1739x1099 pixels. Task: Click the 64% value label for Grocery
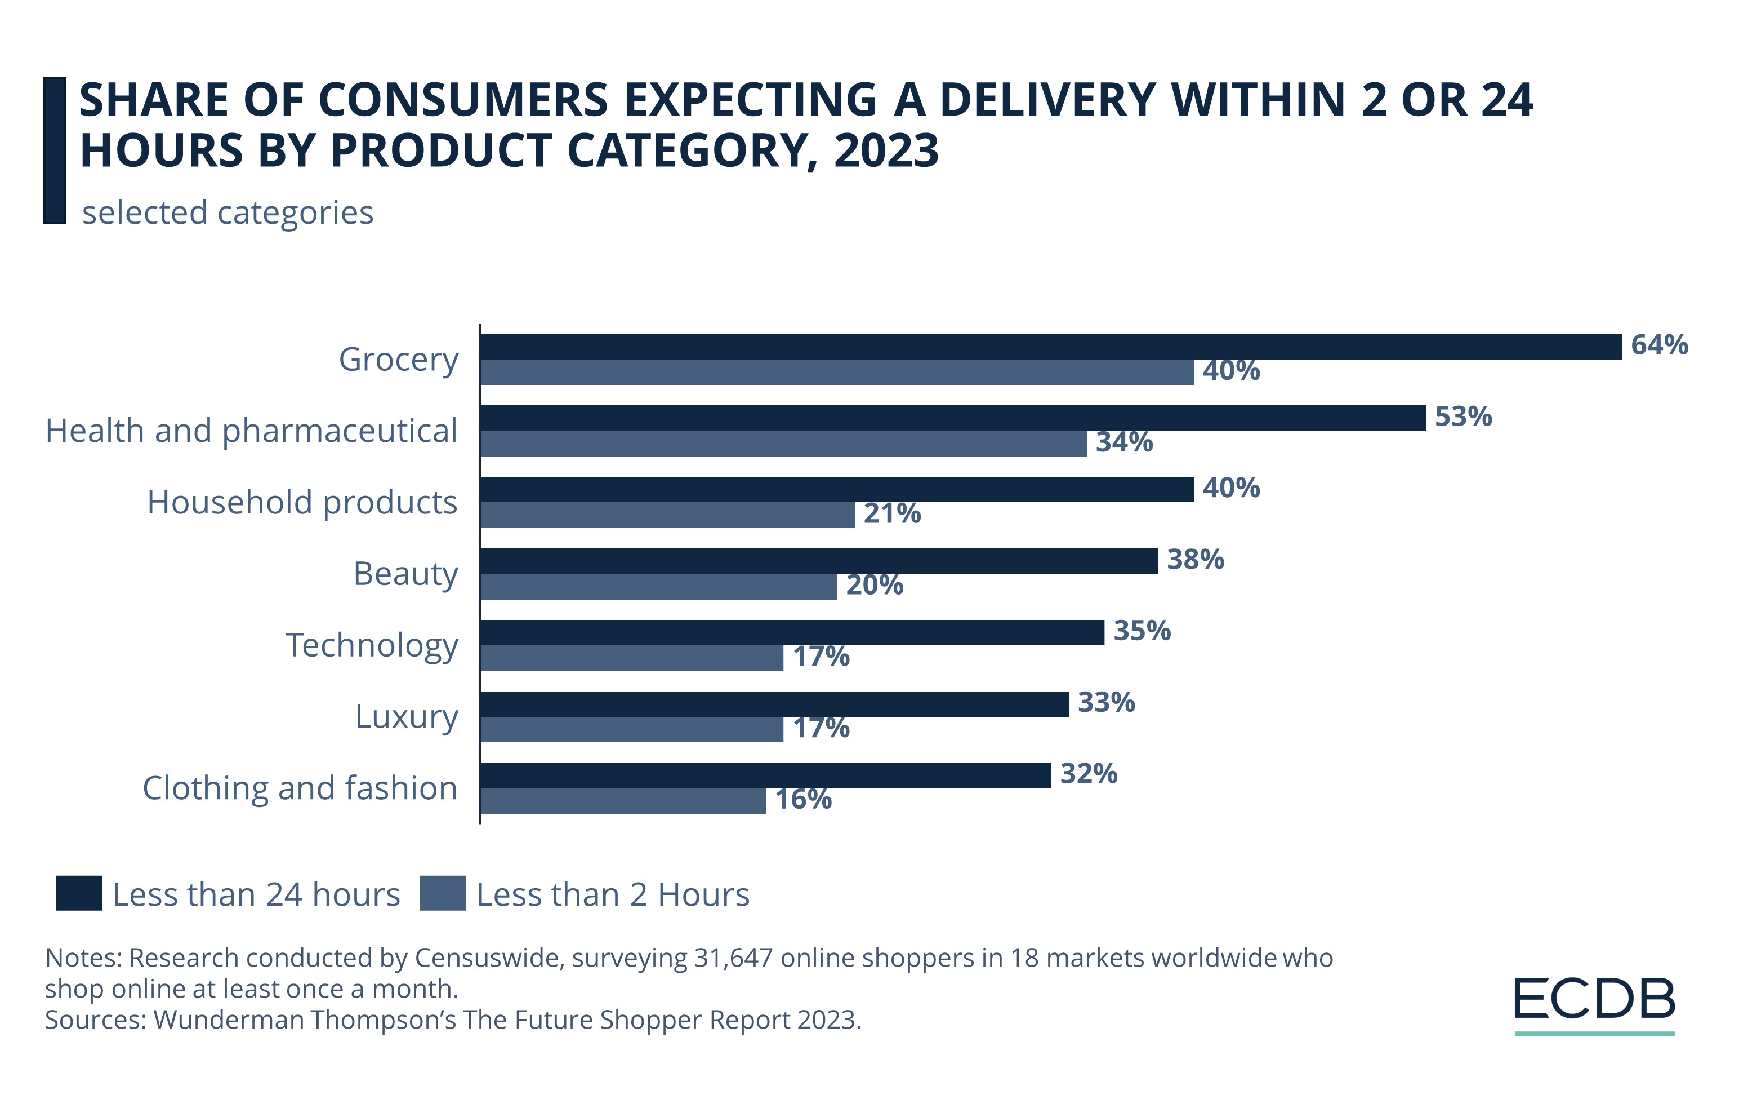pyautogui.click(x=1659, y=345)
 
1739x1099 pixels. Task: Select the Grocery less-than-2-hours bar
pyautogui.click(x=836, y=372)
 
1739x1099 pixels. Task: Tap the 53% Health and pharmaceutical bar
pyautogui.click(x=952, y=418)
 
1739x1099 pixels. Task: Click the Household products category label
pyautogui.click(x=302, y=502)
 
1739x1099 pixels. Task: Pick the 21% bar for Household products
pyautogui.click(x=667, y=515)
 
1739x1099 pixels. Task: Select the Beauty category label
pyautogui.click(x=405, y=574)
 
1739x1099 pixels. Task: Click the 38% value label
pyautogui.click(x=1195, y=559)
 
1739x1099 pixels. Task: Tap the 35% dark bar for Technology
pyautogui.click(x=792, y=632)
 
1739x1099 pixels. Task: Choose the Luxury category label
pyautogui.click(x=407, y=716)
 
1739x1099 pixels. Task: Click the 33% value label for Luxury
pyautogui.click(x=1105, y=702)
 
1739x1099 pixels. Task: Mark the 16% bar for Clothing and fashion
pyautogui.click(x=622, y=801)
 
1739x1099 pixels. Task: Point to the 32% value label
pyautogui.click(x=1089, y=774)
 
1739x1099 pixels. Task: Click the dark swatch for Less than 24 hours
pyautogui.click(x=79, y=893)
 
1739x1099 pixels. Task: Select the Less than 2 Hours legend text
pyautogui.click(x=612, y=894)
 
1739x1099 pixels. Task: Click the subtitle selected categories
pyautogui.click(x=228, y=212)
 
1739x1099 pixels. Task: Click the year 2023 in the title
pyautogui.click(x=885, y=150)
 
